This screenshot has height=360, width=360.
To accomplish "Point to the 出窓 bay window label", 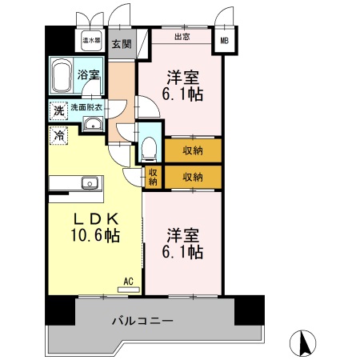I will (182, 36).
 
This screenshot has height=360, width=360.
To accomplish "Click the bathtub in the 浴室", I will (63, 78).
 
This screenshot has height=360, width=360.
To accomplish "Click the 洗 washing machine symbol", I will (58, 111).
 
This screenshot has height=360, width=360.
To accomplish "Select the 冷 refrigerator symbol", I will (58, 137).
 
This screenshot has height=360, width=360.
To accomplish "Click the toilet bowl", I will (149, 147).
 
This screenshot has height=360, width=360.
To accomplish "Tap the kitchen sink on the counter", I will (87, 181).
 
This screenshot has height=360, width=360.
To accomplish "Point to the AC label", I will (127, 281).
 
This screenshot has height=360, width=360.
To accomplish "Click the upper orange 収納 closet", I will (192, 150).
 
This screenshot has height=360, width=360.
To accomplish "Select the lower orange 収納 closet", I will (192, 176).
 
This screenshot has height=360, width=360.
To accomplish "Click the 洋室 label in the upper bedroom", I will (182, 78).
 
